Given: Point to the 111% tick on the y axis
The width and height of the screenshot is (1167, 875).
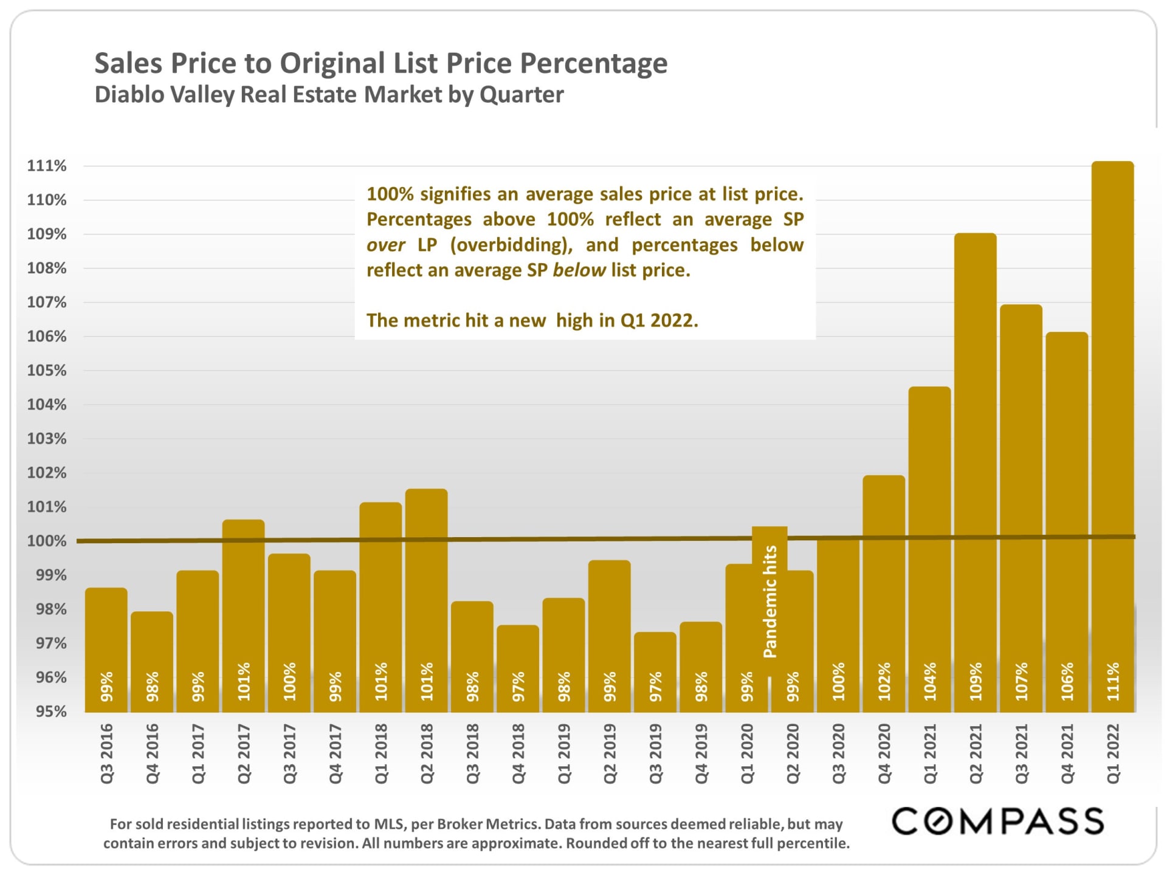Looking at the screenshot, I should click(47, 166).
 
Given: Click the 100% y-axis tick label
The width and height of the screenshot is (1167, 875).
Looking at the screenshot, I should click(47, 541).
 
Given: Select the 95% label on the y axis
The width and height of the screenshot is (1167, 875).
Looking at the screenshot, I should click(50, 712).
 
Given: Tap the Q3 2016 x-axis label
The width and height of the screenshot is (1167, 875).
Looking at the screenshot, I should click(106, 753).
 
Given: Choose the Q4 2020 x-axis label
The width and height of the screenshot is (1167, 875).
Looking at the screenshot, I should click(884, 753).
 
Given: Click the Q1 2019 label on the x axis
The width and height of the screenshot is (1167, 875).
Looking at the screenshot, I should click(564, 753).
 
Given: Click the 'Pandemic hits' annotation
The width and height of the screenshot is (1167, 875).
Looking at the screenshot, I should click(769, 602).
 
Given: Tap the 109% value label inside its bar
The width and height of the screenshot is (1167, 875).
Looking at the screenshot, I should click(975, 681).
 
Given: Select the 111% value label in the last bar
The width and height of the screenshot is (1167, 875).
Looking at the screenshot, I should click(1112, 681).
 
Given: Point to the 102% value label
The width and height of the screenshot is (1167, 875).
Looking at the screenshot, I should click(884, 681).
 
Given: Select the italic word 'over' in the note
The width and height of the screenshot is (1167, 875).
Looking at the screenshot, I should click(385, 245).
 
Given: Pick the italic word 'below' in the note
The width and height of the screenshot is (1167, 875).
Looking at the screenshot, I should click(579, 270).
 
